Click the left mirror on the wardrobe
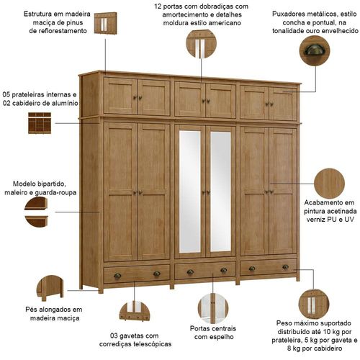tap(190, 192)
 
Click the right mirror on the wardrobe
tap(220, 192)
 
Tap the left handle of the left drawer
tap(117, 276)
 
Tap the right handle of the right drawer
tap(285, 267)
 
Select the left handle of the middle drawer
tap(190, 272)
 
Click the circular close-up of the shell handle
tap(315, 51)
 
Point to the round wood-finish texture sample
tap(329, 184)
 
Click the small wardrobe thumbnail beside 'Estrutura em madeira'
tap(105, 23)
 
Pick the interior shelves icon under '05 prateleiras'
tap(40, 123)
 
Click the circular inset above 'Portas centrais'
tap(213, 308)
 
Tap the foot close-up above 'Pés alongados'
tap(50, 288)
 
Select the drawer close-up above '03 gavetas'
tap(135, 311)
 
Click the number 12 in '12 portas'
tap(158, 6)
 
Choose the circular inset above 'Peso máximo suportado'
tap(314, 305)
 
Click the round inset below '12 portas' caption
tap(201, 44)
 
